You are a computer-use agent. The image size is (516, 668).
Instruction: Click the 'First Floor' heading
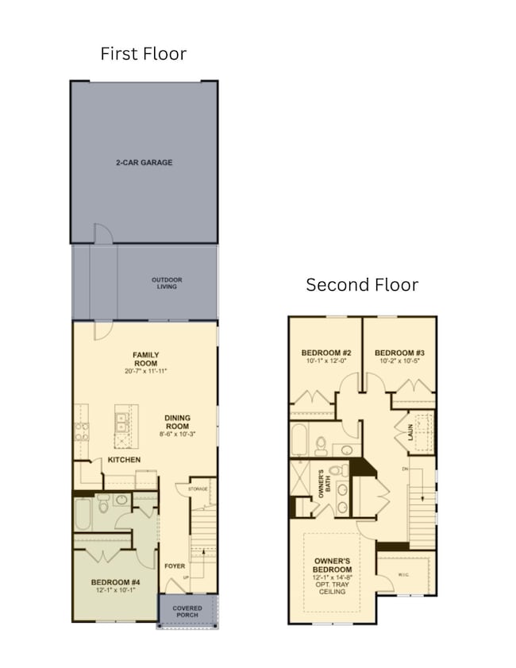(143, 54)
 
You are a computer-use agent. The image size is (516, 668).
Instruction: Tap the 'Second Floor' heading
(362, 284)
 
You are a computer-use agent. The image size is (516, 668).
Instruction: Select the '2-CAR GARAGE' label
(144, 163)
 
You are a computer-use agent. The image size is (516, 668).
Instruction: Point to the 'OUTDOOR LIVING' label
(167, 283)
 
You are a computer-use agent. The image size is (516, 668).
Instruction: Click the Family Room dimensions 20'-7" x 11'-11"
(145, 371)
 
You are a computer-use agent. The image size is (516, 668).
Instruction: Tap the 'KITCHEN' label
(125, 460)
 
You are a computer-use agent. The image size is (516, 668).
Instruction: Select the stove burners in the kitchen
(81, 430)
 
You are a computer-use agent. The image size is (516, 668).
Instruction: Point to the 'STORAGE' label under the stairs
(198, 489)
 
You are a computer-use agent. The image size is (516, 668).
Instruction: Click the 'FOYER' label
(175, 566)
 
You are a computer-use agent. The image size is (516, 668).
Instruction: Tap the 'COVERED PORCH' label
(188, 612)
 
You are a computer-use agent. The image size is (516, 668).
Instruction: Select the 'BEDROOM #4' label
(115, 582)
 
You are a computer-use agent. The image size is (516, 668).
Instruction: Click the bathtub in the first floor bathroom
(83, 514)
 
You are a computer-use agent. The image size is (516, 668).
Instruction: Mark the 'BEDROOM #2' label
(326, 353)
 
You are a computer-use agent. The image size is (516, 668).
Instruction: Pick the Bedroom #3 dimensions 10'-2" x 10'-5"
(399, 361)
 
